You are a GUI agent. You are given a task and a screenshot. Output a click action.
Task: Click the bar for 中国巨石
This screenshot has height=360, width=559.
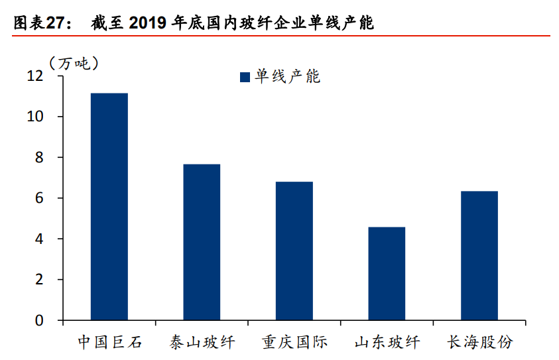(109, 207)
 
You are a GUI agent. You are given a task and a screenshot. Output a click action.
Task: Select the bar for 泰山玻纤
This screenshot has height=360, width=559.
(202, 242)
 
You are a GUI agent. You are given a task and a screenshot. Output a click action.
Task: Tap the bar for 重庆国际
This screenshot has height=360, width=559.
(294, 251)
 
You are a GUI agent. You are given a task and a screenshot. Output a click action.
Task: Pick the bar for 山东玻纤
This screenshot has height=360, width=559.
(387, 273)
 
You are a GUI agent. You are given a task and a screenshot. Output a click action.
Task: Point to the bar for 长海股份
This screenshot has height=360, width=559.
(479, 255)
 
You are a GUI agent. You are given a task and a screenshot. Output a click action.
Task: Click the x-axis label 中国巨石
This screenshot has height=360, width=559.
(109, 342)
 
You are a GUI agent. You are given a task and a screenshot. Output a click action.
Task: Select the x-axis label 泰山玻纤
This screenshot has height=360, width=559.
(202, 342)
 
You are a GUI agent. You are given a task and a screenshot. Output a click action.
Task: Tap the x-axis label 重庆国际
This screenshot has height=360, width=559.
(294, 342)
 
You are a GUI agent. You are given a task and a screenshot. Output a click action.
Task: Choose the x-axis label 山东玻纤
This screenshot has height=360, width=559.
(387, 342)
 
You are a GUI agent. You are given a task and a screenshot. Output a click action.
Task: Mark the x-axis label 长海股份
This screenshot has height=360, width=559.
(479, 342)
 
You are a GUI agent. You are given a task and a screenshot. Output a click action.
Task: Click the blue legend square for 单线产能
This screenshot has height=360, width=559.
(245, 78)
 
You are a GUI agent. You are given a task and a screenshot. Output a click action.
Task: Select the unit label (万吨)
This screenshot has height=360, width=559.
(74, 63)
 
